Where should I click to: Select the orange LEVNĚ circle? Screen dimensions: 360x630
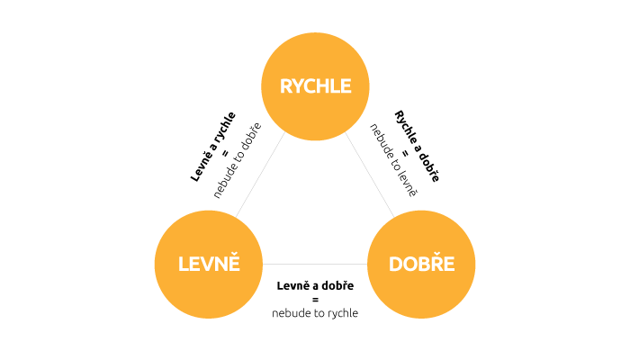(209, 264)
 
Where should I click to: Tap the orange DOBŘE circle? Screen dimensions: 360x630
(421, 264)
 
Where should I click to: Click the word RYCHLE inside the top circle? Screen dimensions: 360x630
(315, 86)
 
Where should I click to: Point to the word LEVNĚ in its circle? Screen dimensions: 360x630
(209, 265)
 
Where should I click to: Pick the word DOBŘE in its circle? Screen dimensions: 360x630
(421, 265)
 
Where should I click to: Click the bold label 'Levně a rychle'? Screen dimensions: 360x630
(213, 146)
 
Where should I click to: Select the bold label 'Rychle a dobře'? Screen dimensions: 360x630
(417, 146)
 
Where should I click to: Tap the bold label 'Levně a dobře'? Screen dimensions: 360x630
(315, 285)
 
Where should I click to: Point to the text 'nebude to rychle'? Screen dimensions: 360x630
(315, 313)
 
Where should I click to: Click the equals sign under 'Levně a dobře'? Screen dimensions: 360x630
(315, 299)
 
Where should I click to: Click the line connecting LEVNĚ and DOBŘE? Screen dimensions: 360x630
(315, 264)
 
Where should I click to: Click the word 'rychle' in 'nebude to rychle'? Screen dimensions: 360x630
(341, 313)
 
